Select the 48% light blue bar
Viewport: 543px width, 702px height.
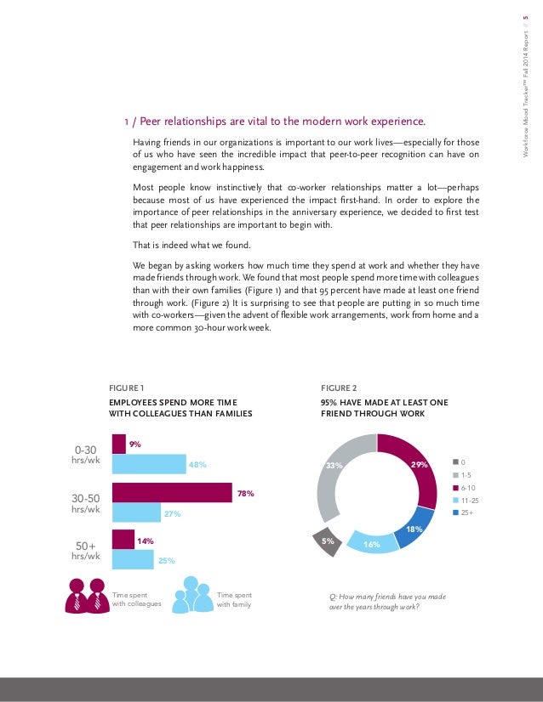tap(149, 463)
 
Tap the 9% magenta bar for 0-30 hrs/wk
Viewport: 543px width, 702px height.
tap(119, 444)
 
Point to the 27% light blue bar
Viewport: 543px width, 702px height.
tap(136, 512)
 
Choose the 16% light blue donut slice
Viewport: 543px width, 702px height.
tap(375, 537)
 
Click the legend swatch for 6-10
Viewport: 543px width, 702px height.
tap(456, 488)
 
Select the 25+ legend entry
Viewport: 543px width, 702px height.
tap(466, 513)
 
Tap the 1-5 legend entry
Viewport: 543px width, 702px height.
tap(466, 475)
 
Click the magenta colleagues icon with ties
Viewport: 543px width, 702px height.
tap(87, 595)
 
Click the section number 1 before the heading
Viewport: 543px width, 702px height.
tap(127, 121)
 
